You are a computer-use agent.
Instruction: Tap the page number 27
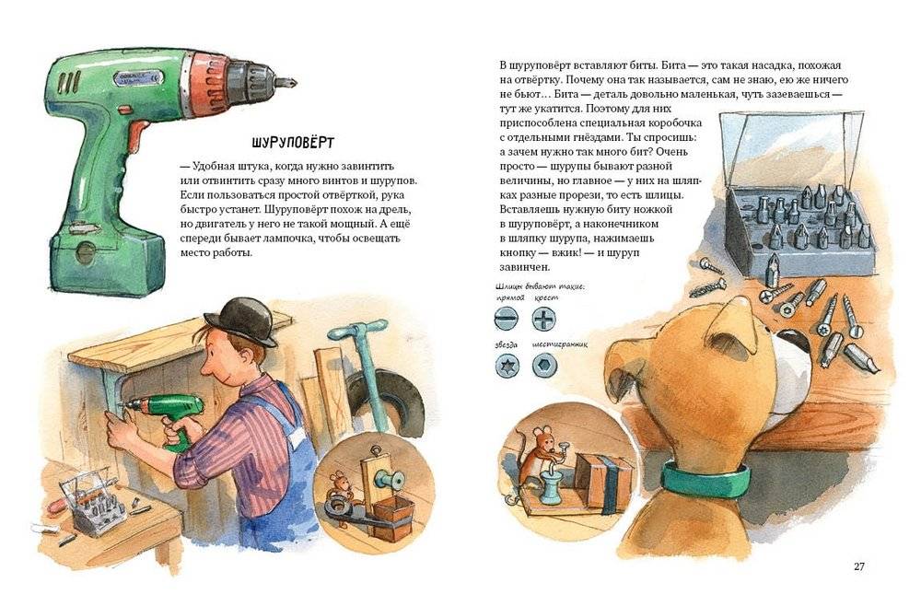858,565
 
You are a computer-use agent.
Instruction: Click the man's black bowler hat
240,320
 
